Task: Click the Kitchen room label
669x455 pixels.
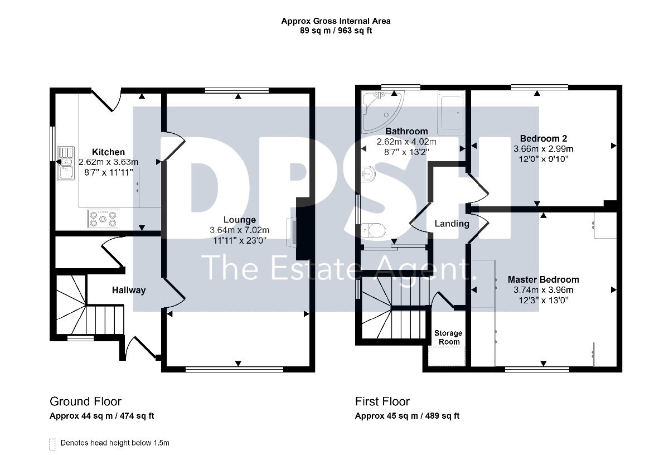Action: click(108, 152)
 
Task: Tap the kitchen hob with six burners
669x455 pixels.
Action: click(103, 219)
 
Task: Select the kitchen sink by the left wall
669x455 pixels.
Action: click(66, 163)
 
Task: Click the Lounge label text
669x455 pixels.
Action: click(240, 220)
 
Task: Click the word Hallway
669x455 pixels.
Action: click(129, 290)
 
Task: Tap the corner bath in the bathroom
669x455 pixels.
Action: click(382, 111)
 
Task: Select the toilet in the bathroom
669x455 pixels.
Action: click(373, 231)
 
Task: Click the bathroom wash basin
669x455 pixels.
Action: click(368, 174)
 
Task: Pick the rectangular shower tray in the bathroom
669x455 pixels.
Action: click(450, 113)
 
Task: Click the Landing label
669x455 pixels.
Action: click(452, 224)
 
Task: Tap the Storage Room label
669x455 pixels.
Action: click(448, 337)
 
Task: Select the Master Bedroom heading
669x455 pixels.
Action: click(543, 279)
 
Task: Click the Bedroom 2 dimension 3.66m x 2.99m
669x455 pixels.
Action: click(543, 149)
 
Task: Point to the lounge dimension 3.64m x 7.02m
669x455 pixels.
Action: click(240, 230)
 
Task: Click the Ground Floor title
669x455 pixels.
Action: click(85, 401)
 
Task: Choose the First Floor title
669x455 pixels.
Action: click(382, 401)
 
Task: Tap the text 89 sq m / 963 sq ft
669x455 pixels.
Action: click(336, 31)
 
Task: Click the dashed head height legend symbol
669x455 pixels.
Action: click(52, 444)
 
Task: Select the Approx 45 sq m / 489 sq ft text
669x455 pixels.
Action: click(407, 416)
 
